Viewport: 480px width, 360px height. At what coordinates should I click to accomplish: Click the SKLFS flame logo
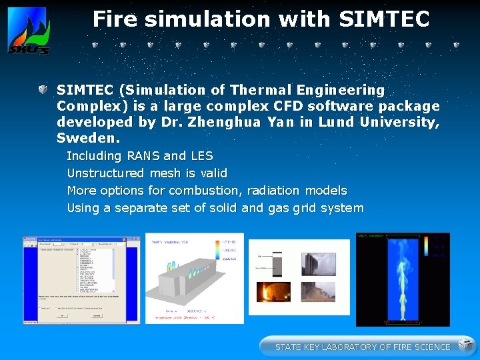(x=28, y=31)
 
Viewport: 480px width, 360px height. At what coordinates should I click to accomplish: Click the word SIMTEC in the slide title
(x=383, y=19)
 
